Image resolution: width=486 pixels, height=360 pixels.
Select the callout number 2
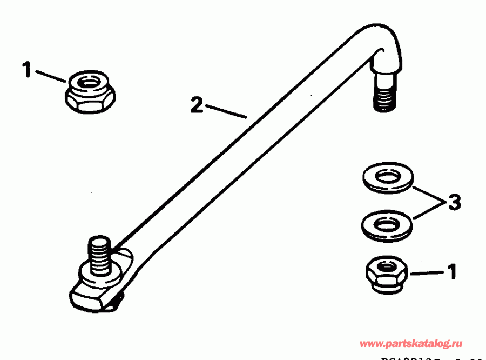coord(197,104)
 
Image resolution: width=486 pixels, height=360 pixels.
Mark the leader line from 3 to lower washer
coord(428,211)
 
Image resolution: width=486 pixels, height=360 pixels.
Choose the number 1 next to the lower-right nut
coord(451,271)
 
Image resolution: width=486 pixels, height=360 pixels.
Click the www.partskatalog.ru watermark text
coord(410,344)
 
